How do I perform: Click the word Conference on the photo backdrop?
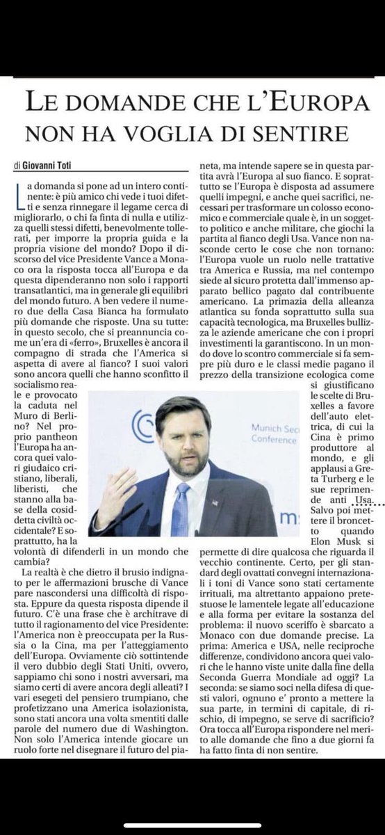[x=254, y=438]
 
